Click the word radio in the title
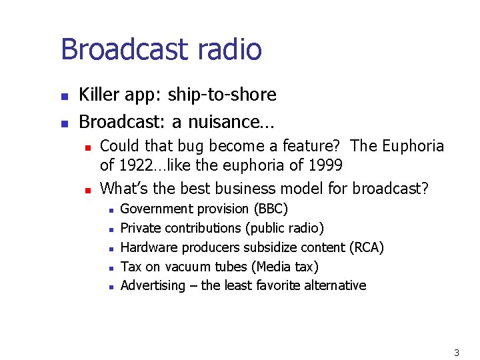[229, 49]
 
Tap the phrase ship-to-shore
[222, 95]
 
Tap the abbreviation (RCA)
[367, 247]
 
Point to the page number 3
[457, 352]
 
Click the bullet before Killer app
[64, 97]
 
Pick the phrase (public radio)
[285, 228]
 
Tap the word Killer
[97, 95]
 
